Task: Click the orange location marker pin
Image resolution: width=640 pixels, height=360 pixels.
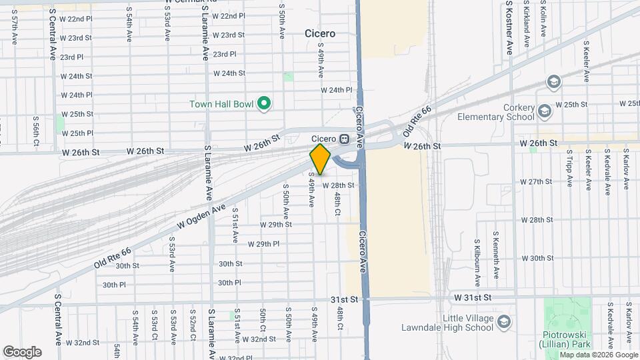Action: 321,159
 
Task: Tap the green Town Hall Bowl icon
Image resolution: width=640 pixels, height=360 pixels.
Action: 265,103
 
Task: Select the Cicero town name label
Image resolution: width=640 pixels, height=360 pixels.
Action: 319,33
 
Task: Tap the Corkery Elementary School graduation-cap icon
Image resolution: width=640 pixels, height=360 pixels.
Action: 545,110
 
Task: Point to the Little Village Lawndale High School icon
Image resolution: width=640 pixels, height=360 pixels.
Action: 505,322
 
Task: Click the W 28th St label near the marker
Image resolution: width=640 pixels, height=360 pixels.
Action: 338,185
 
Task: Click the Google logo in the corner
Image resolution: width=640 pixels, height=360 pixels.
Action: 22,352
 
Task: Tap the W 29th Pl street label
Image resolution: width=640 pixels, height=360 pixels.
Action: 263,244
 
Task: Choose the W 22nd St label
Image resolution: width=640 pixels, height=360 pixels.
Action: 76,19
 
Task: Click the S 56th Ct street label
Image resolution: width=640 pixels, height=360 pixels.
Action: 36,129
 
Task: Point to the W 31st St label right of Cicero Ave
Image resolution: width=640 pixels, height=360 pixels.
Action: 473,297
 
